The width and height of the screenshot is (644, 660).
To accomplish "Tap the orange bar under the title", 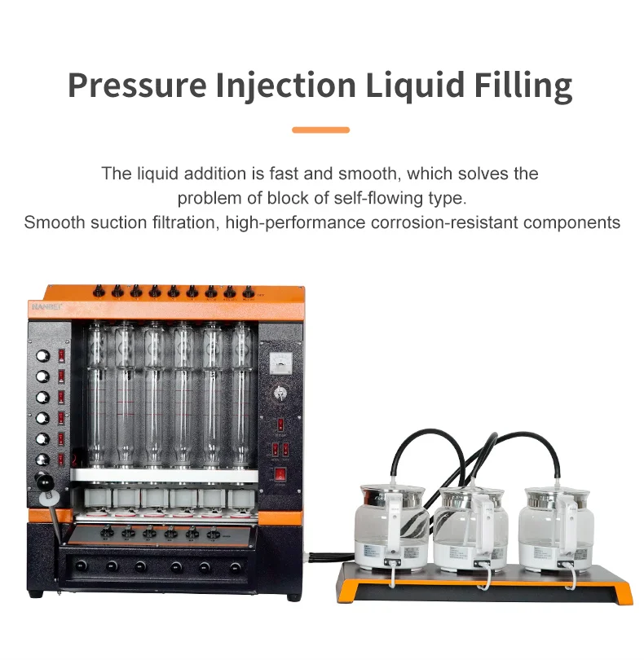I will point(320,130).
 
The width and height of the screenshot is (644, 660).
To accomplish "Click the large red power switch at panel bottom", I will point(280,473).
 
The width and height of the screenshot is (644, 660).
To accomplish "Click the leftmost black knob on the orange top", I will point(97,290).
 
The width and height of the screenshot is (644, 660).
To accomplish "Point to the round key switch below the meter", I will point(280,393).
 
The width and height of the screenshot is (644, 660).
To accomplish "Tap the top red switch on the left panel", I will point(61,355).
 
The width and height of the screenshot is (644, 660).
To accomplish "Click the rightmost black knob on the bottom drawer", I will point(236,565).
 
